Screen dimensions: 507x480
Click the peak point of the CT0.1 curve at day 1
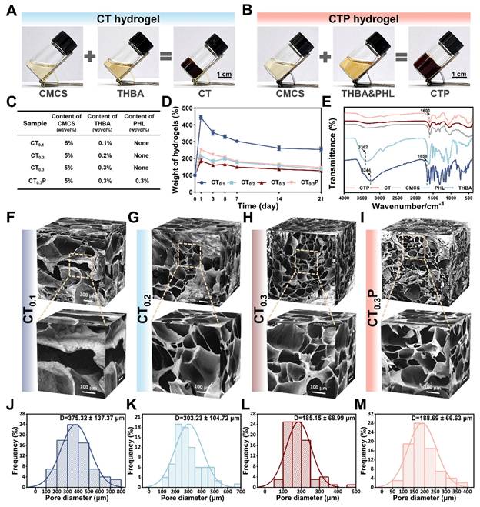(x=201, y=118)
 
